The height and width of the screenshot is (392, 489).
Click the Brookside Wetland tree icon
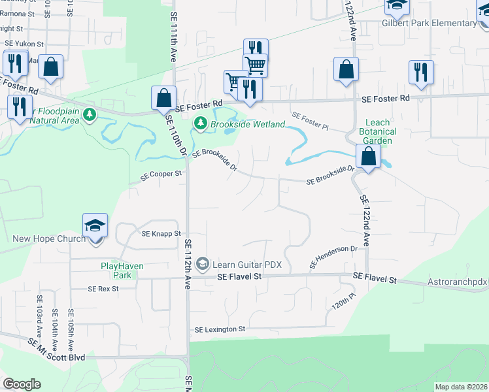click(x=201, y=123)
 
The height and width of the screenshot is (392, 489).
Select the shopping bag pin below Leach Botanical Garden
click(x=369, y=157)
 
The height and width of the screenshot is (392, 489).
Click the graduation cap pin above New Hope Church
click(x=95, y=226)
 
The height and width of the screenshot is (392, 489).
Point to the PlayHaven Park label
click(x=122, y=270)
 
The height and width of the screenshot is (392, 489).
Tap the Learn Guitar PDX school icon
click(x=202, y=264)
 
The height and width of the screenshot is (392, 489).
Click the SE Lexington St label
click(x=219, y=329)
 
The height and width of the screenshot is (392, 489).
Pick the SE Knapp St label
click(x=161, y=233)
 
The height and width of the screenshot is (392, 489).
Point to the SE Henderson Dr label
click(x=334, y=257)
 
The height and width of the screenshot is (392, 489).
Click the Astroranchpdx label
click(x=453, y=282)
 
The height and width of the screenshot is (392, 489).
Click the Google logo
click(x=22, y=384)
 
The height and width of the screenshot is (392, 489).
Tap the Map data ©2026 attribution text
click(x=461, y=387)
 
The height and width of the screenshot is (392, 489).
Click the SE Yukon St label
click(x=24, y=44)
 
